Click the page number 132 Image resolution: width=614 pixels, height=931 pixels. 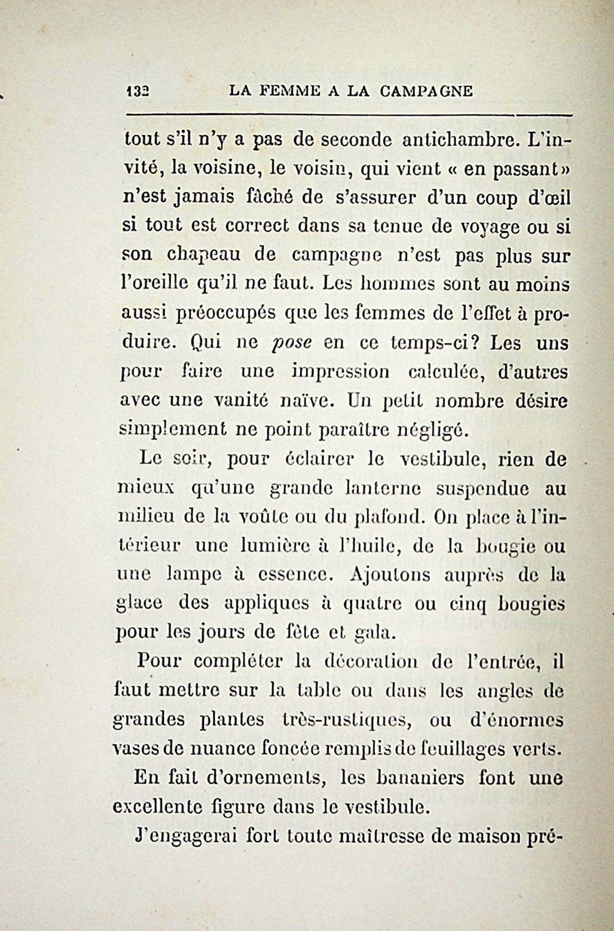pos(137,91)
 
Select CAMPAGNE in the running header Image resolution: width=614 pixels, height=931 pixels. pos(426,91)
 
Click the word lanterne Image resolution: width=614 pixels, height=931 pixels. pos(383,489)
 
